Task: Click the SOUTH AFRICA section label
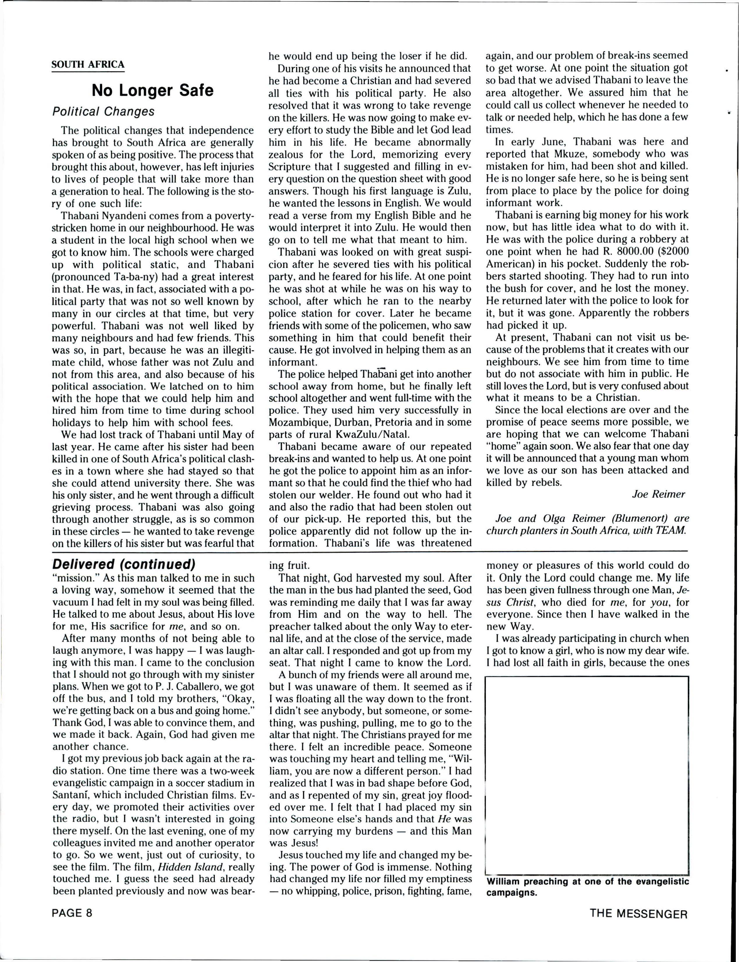(88, 65)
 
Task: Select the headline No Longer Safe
(153, 90)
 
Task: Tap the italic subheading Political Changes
(103, 111)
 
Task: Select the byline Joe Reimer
(658, 494)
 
